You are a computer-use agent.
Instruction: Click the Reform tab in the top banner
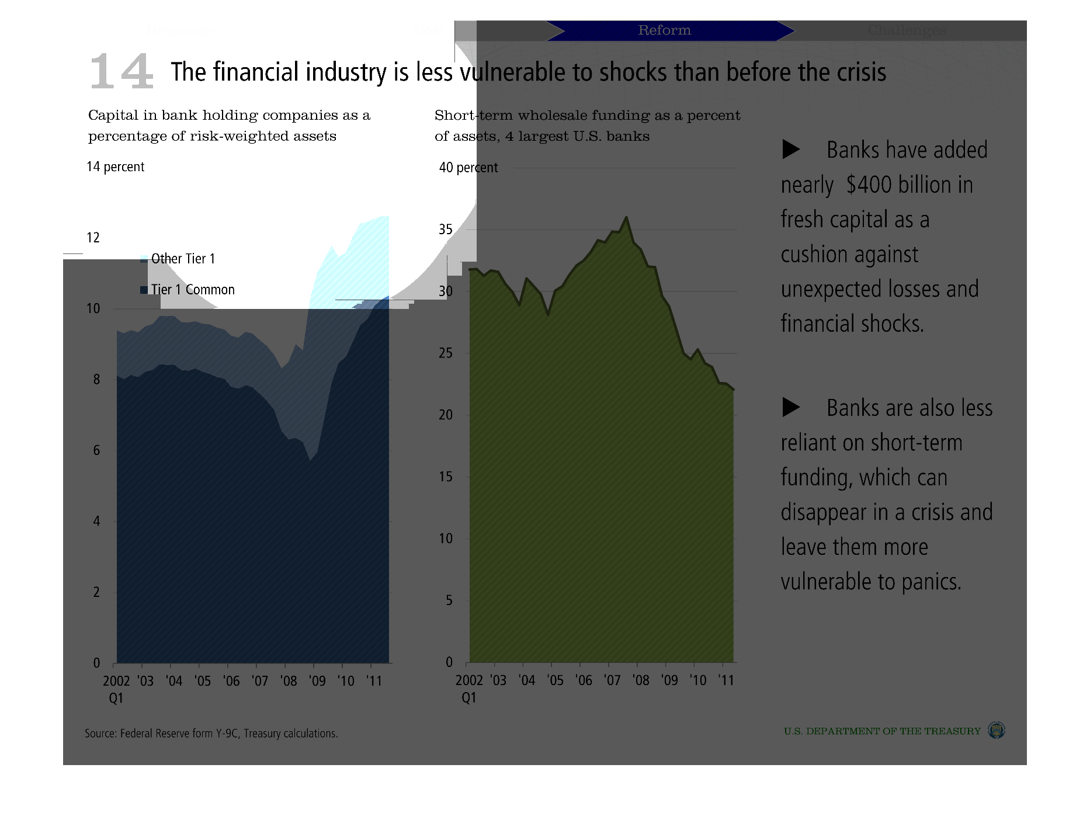pos(664,30)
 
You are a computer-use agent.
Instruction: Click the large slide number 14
pos(122,72)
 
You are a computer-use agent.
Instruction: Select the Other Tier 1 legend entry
pos(182,259)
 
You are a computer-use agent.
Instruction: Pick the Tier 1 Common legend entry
pos(192,290)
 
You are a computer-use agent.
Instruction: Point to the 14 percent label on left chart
pos(115,167)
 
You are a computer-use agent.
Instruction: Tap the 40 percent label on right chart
pos(468,168)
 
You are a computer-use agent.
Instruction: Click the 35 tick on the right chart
pos(446,230)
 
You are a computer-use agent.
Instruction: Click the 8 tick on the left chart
pos(96,380)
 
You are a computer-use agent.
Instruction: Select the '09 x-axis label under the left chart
pos(317,681)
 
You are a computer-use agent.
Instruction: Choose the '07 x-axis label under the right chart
pos(612,680)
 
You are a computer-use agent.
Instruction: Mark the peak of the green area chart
pos(626,217)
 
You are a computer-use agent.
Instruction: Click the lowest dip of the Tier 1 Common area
pos(311,460)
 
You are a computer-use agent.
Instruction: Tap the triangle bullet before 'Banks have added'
pos(791,150)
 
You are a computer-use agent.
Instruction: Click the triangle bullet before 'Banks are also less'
pos(791,408)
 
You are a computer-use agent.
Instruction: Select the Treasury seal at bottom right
pos(996,730)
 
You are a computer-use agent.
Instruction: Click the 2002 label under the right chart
pos(469,680)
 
